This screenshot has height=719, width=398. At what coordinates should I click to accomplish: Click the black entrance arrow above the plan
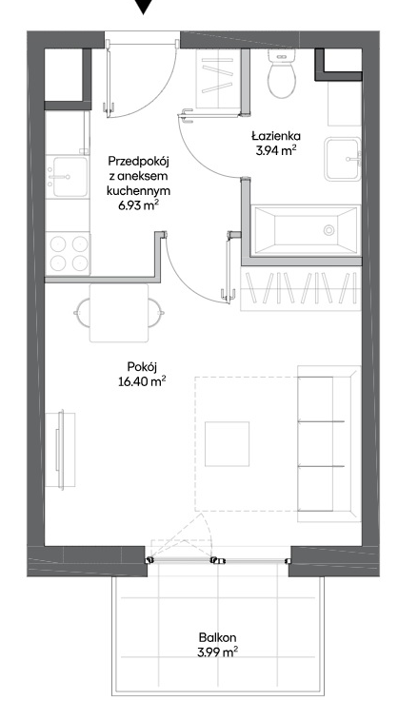[x=144, y=6]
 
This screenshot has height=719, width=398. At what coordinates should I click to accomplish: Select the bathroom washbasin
[x=343, y=159]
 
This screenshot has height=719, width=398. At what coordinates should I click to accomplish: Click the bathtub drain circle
[x=328, y=230]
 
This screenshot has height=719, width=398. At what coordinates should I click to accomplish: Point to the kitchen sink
[x=68, y=177]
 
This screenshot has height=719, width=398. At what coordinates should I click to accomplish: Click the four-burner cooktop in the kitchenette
[x=69, y=254]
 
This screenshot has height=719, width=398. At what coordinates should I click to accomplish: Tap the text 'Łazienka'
[x=275, y=136]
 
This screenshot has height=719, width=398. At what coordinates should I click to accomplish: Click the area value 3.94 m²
[x=275, y=150]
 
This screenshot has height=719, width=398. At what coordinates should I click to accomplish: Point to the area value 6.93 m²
[x=138, y=205]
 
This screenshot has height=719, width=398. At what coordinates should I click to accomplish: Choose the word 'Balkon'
[x=218, y=637]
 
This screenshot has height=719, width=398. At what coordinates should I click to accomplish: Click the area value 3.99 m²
[x=218, y=652]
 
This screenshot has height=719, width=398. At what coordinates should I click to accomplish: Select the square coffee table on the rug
[x=227, y=444]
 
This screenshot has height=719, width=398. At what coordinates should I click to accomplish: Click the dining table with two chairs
[x=119, y=313]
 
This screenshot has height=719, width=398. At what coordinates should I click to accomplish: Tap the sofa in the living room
[x=328, y=443]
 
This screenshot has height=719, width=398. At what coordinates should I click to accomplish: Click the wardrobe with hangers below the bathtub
[x=301, y=288]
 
